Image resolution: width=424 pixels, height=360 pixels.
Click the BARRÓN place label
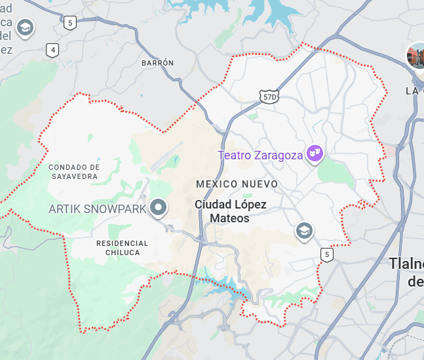pyautogui.click(x=158, y=63)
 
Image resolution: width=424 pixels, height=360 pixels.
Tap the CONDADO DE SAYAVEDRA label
pyautogui.click(x=74, y=171)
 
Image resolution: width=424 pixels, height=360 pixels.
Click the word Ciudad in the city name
pyautogui.click(x=213, y=205)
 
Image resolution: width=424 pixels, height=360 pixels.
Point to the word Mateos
pyautogui.click(x=229, y=218)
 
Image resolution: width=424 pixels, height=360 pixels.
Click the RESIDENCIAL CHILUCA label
pyautogui.click(x=123, y=248)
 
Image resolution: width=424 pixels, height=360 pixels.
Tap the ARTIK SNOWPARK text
pyautogui.click(x=98, y=209)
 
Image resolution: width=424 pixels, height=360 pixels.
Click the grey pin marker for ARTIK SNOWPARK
pyautogui.click(x=158, y=208)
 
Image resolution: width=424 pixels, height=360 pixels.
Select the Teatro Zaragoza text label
pyautogui.click(x=260, y=155)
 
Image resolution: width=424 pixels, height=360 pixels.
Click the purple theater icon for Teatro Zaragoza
pyautogui.click(x=316, y=153)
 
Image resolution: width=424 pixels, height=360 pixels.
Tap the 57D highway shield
pyautogui.click(x=269, y=97)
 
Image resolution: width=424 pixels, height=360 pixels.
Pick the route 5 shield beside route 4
pyautogui.click(x=70, y=23)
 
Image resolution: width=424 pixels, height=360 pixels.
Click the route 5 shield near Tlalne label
pyautogui.click(x=326, y=254)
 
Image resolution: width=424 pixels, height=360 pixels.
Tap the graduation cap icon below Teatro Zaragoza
pyautogui.click(x=304, y=230)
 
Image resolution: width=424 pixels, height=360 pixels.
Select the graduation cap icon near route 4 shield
pyautogui.click(x=26, y=28)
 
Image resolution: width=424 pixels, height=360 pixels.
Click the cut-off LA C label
pyautogui.click(x=414, y=90)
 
